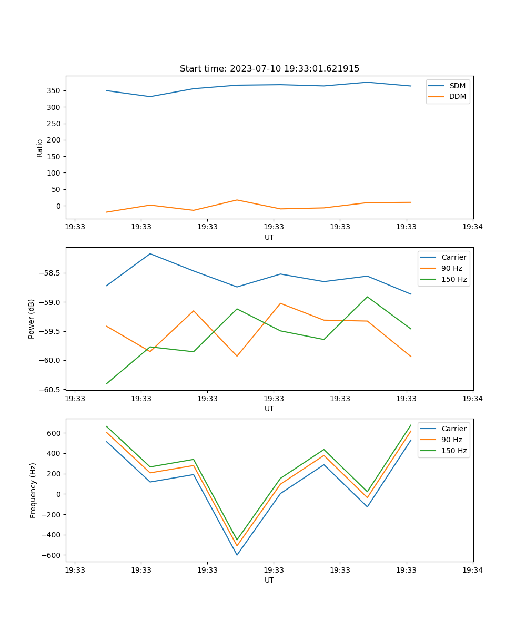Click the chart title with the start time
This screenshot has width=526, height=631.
tap(269, 69)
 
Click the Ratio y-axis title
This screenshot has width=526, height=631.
tap(40, 148)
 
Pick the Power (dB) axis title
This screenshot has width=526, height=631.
tap(32, 319)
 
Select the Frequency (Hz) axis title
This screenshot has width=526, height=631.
tap(33, 490)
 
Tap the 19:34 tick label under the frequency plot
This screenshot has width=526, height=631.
tap(472, 570)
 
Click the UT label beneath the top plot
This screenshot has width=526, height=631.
tap(269, 237)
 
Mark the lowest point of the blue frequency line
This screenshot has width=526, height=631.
tap(237, 555)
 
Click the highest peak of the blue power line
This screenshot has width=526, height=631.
tap(150, 253)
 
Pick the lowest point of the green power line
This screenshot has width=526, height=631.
tap(107, 383)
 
